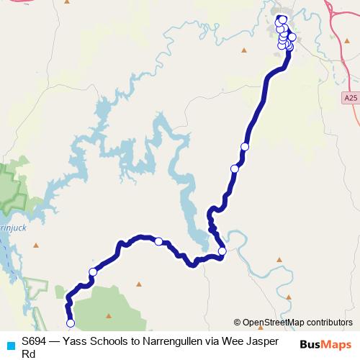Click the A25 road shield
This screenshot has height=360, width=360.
click(x=351, y=97)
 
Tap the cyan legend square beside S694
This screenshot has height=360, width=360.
click(x=9, y=345)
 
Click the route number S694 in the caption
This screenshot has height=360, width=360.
click(x=35, y=342)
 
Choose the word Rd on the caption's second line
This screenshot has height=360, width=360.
click(x=29, y=354)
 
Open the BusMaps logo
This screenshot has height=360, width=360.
click(x=325, y=345)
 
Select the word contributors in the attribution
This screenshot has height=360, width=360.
click(x=329, y=323)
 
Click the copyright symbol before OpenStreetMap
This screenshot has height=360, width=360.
click(x=237, y=323)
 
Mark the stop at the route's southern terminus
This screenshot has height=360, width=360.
click(x=71, y=323)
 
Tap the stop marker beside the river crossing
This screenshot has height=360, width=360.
click(x=222, y=251)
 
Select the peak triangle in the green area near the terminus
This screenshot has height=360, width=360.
click(x=109, y=315)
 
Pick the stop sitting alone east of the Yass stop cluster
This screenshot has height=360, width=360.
click(x=292, y=37)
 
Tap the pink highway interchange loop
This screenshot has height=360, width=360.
click(x=333, y=9)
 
